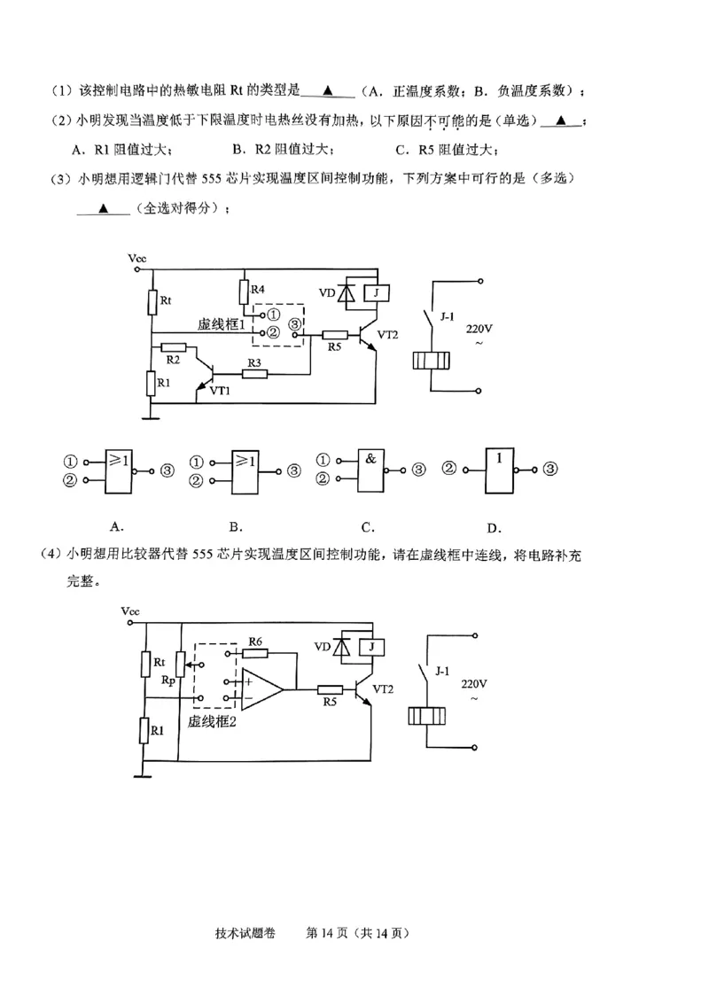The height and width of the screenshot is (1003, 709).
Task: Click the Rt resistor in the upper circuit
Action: (152, 302)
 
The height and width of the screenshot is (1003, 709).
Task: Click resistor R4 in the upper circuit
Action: (245, 292)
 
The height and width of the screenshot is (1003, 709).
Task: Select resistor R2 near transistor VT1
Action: (175, 348)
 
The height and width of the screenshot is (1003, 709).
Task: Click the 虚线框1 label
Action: (221, 325)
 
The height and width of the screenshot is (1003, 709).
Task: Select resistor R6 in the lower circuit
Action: (255, 653)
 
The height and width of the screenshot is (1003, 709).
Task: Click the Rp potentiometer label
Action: (168, 680)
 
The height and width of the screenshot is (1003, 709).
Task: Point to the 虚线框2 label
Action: (211, 721)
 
